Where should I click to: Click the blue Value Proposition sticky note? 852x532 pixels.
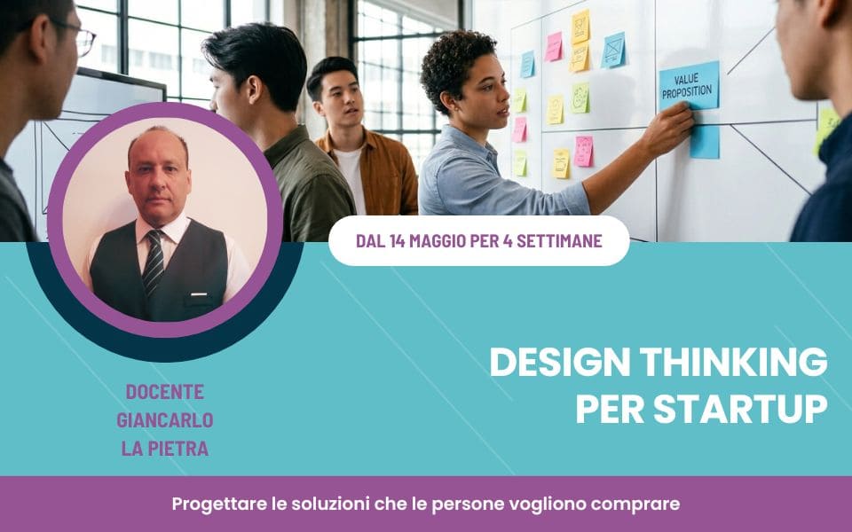(x=689, y=86)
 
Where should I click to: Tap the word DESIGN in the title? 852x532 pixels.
(x=560, y=362)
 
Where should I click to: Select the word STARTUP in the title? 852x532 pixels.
(x=740, y=409)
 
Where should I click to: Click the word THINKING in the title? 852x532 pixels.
(x=734, y=362)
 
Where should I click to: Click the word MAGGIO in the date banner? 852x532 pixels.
(x=438, y=240)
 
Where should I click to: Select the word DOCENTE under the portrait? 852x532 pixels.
(x=165, y=391)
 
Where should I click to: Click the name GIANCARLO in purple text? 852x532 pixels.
(x=165, y=420)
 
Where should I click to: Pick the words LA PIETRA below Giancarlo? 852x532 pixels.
(x=165, y=449)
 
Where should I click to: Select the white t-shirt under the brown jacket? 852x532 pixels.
(x=351, y=179)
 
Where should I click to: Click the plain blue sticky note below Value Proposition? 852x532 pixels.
(x=704, y=142)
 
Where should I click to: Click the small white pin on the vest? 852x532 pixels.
(x=199, y=294)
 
